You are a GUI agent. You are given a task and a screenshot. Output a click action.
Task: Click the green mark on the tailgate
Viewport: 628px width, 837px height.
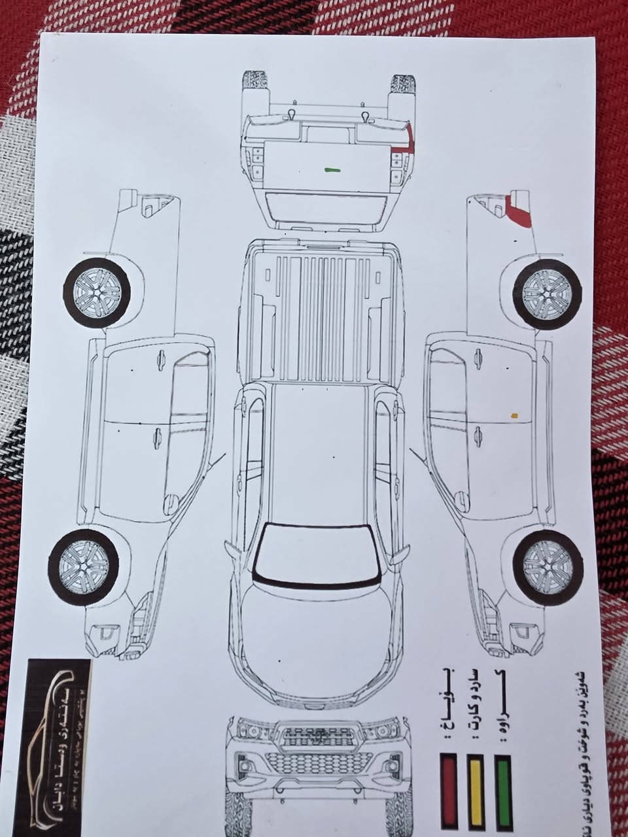point(332,169)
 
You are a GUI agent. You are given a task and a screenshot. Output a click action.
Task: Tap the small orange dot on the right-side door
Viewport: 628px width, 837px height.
point(515,415)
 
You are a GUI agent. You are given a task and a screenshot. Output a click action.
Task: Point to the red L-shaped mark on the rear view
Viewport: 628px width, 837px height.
point(410,140)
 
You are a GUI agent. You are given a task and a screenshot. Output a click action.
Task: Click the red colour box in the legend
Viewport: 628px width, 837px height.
point(449,790)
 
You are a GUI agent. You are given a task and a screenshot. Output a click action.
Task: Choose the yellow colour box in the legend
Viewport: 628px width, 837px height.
point(475,790)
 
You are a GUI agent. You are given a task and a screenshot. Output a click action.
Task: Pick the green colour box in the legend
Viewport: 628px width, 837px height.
point(502,790)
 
